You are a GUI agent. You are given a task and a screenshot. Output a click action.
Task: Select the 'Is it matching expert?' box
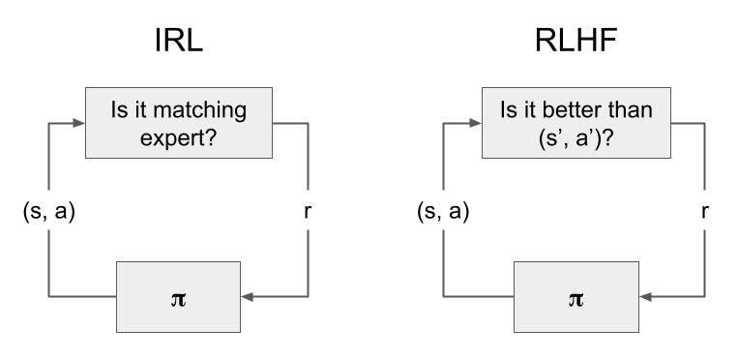pyautogui.click(x=180, y=124)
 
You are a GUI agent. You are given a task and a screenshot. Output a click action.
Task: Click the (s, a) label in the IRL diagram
pyautogui.click(x=47, y=214)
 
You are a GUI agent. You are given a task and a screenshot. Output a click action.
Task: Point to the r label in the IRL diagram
pyautogui.click(x=308, y=214)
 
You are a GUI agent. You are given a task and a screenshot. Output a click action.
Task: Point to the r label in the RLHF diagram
pyautogui.click(x=703, y=214)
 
